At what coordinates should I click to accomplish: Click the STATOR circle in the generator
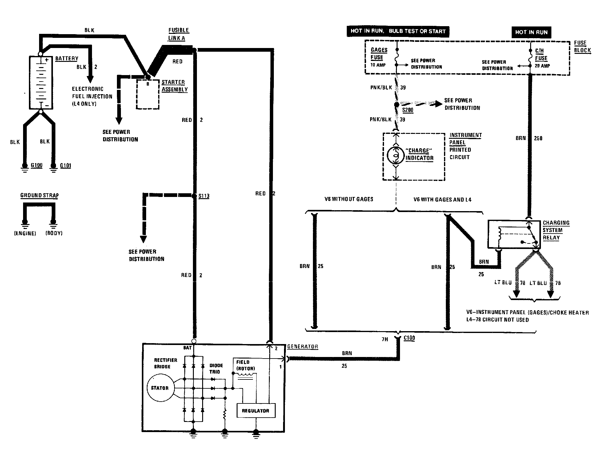(160, 388)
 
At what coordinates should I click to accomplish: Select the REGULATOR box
(256, 411)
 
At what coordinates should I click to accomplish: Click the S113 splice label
(204, 196)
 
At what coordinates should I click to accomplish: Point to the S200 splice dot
(397, 105)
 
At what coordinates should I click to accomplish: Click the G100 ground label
(37, 166)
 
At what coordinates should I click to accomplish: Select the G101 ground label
(66, 166)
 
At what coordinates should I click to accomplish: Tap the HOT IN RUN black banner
(531, 32)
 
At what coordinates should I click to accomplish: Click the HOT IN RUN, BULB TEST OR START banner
(398, 31)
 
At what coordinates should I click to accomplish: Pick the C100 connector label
(409, 338)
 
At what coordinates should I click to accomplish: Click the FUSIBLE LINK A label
(178, 34)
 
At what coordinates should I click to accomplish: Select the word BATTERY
(67, 58)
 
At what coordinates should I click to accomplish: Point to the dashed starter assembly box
(148, 94)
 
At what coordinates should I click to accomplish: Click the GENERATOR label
(302, 347)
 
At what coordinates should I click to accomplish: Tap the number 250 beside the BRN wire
(538, 138)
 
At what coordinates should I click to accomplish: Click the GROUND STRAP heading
(39, 195)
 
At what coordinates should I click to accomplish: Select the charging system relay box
(514, 234)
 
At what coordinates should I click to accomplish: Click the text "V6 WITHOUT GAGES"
(349, 199)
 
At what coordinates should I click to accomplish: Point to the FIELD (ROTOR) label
(245, 365)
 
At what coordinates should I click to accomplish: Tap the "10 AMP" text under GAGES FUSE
(378, 65)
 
